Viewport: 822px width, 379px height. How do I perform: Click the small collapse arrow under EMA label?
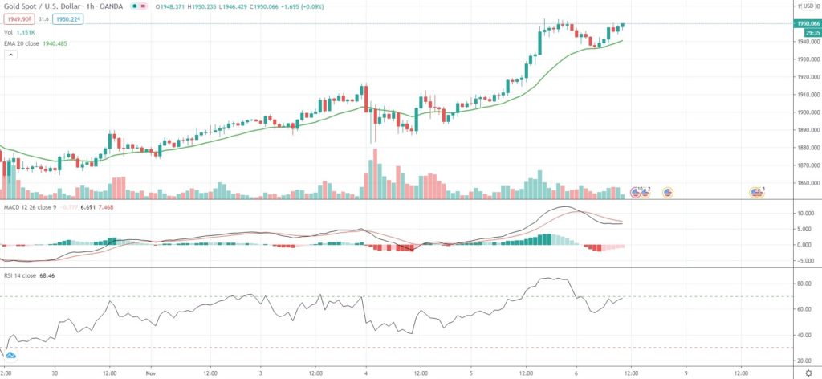[x=10, y=55]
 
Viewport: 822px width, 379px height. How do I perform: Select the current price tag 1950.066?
[x=804, y=24]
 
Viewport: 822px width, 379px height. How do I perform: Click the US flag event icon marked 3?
[x=756, y=191]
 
